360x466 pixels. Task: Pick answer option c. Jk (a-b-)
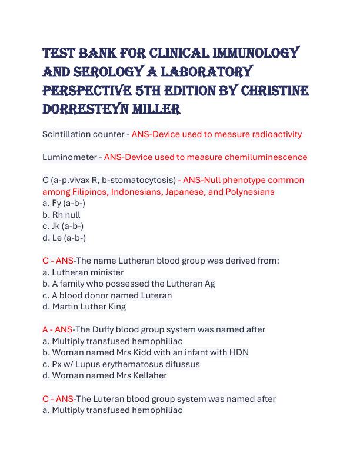pos(63,226)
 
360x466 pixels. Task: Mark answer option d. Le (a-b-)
pos(64,238)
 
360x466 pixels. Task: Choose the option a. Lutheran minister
pos(83,272)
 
